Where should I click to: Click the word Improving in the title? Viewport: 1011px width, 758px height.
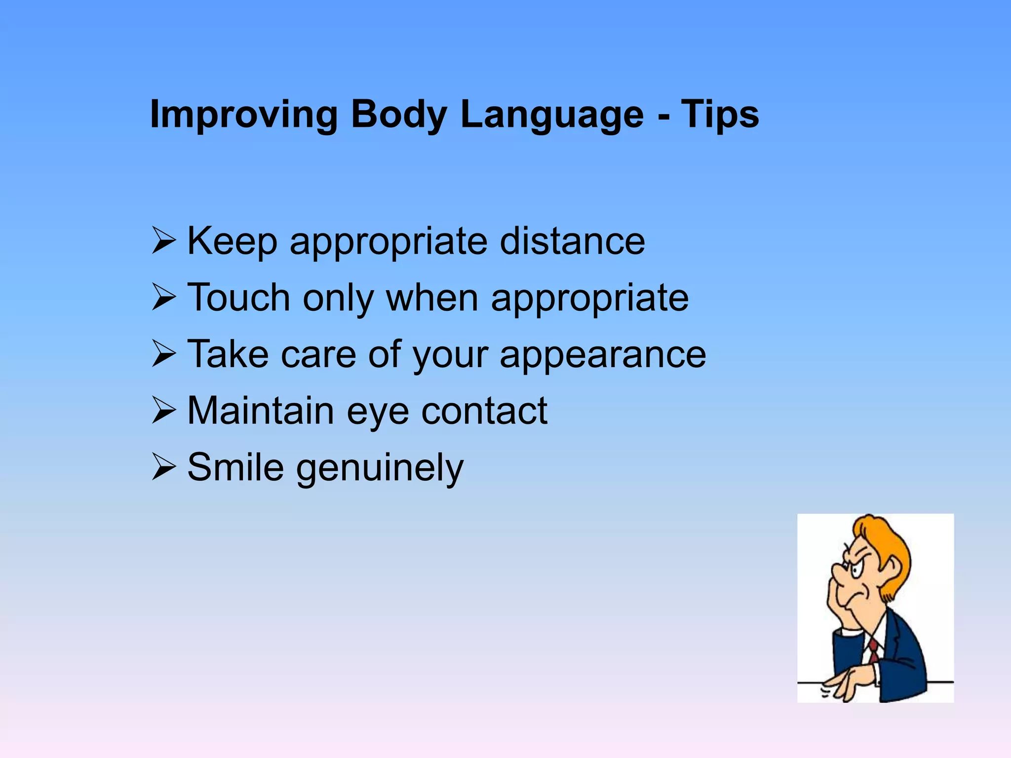(243, 115)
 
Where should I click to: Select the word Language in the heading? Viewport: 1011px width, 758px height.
(552, 115)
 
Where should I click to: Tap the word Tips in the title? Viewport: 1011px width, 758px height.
(720, 114)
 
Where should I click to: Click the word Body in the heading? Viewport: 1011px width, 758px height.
(398, 115)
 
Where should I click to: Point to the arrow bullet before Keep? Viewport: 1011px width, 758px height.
(164, 240)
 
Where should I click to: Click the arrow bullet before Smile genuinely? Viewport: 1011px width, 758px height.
(164, 466)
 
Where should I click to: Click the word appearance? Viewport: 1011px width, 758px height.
(603, 354)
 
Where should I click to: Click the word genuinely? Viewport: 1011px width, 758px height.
(380, 468)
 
